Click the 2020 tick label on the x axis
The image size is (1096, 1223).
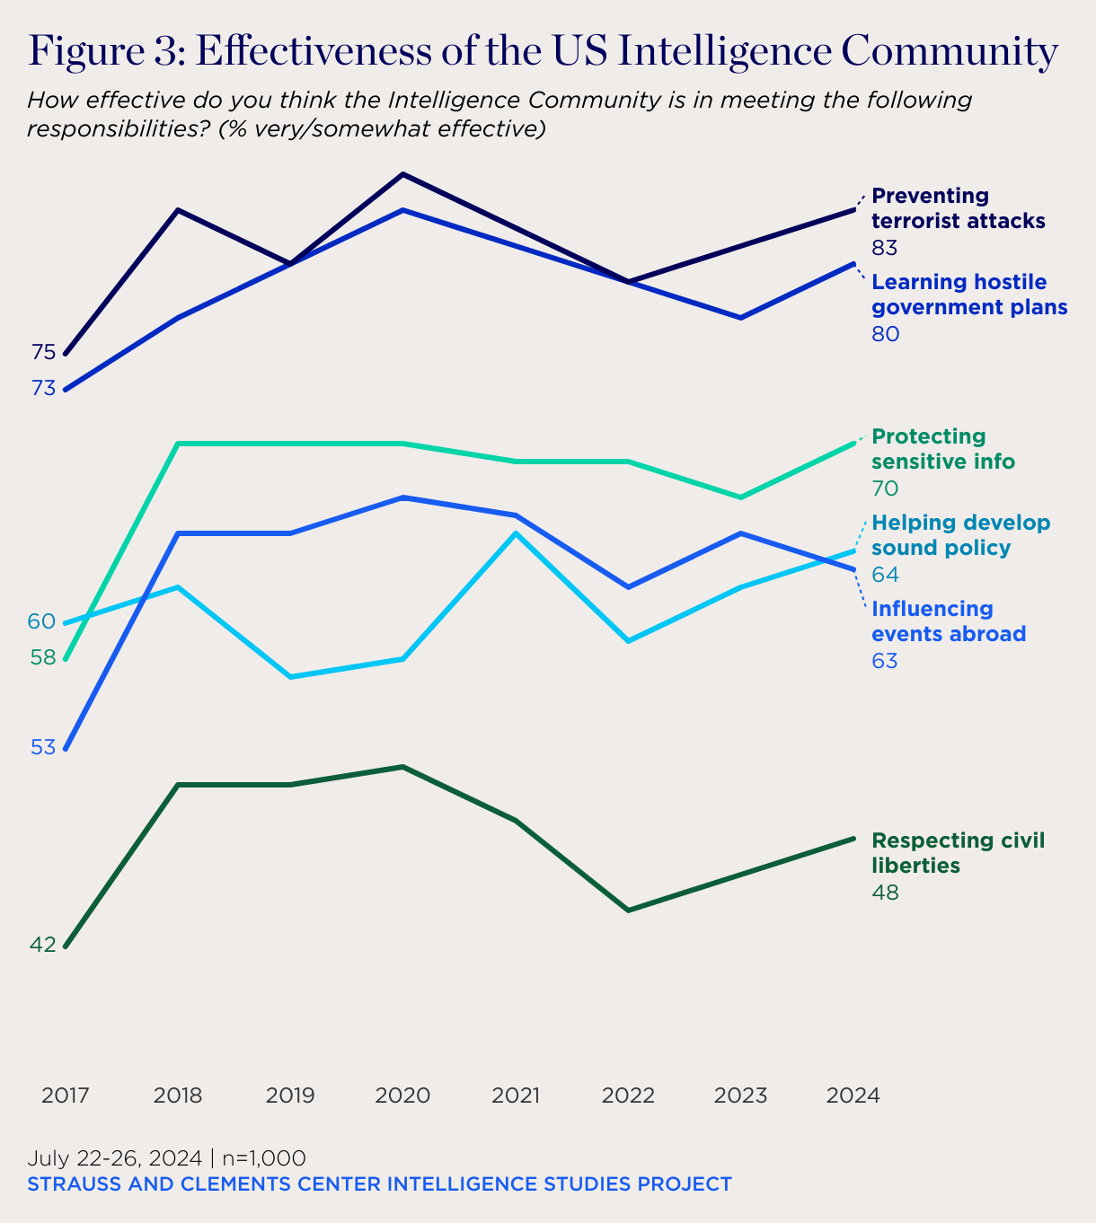point(402,1095)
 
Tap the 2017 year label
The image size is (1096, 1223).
point(66,1095)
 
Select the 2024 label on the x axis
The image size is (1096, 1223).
point(853,1095)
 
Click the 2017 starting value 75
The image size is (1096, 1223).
point(43,353)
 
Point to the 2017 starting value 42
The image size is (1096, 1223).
point(43,945)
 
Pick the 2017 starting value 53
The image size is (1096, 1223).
point(43,747)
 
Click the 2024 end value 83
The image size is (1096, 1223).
point(885,248)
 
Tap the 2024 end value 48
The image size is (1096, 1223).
point(885,893)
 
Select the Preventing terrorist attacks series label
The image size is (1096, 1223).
point(958,208)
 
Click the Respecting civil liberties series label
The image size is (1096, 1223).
point(958,853)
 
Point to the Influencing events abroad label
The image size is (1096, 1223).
point(948,621)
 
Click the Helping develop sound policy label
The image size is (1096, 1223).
point(960,535)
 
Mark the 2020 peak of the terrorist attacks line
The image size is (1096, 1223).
point(403,174)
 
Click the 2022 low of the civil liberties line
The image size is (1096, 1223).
point(629,911)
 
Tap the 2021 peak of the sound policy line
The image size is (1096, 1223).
point(516,533)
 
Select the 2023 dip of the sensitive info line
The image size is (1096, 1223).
point(740,497)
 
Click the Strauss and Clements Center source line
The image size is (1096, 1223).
point(379,1184)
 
